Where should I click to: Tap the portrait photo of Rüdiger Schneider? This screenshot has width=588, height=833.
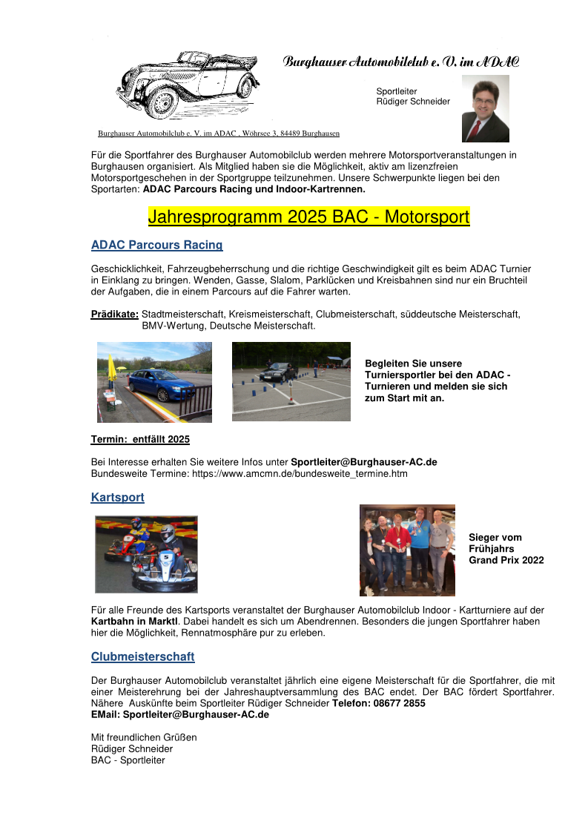(x=485, y=108)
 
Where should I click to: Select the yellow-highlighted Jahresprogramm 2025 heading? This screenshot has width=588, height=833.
(x=308, y=217)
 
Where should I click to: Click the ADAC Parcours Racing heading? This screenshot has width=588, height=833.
(x=156, y=245)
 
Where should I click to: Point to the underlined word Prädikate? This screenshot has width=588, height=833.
(x=115, y=315)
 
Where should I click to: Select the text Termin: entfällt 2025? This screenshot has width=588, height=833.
(x=140, y=440)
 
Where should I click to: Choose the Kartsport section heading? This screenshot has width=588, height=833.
(x=117, y=498)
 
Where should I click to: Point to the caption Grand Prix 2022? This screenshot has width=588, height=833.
(x=506, y=560)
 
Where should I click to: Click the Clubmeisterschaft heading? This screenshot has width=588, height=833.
(x=142, y=657)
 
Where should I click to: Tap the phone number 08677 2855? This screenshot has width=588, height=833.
(x=400, y=703)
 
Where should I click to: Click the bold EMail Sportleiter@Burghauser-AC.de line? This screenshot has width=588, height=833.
(x=179, y=715)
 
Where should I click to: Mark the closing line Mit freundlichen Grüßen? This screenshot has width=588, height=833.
(x=144, y=737)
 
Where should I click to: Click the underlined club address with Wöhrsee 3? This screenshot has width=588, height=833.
(x=219, y=134)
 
